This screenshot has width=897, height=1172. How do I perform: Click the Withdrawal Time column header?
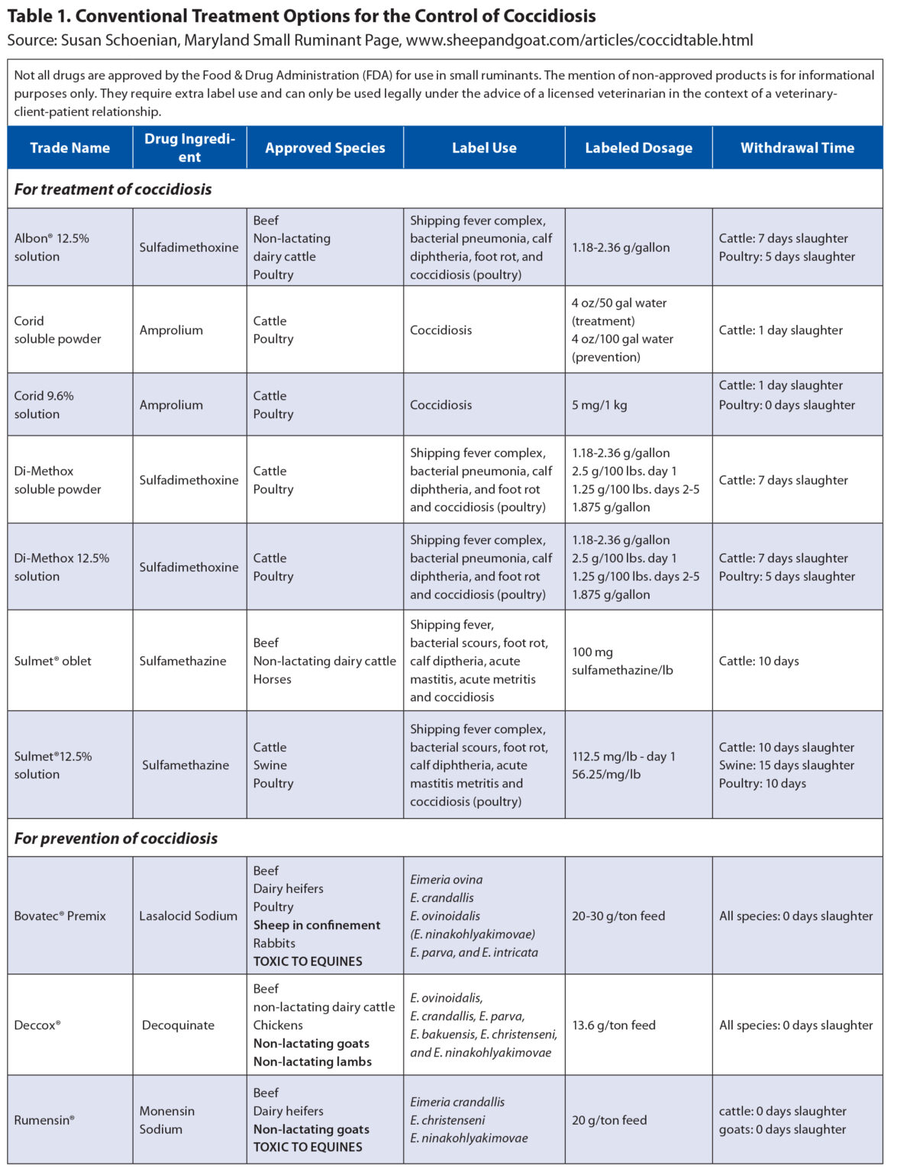[797, 148]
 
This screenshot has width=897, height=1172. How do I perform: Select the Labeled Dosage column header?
[638, 148]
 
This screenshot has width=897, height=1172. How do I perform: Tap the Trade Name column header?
[69, 148]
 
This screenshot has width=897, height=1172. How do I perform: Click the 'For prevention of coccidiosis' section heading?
[116, 839]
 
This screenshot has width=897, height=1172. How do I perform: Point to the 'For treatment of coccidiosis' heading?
[113, 189]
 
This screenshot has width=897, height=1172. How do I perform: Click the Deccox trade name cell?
[37, 1025]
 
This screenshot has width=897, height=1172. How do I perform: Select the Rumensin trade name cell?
[44, 1120]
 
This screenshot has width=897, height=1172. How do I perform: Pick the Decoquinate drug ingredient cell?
[178, 1025]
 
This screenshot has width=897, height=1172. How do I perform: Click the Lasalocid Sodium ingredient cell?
[188, 916]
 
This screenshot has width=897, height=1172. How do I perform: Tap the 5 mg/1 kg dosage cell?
[599, 405]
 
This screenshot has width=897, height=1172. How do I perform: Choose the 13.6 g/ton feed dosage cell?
[614, 1025]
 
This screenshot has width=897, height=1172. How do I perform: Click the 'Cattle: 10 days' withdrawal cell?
[759, 661]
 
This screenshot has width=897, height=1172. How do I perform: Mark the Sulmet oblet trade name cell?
[53, 661]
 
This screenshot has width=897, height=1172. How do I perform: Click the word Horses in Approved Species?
[273, 679]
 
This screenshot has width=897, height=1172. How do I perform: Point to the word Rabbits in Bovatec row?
[274, 943]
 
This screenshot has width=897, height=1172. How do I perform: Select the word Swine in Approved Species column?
[270, 765]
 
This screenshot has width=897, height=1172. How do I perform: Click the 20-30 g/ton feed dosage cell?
[618, 916]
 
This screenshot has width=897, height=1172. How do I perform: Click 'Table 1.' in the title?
[37, 16]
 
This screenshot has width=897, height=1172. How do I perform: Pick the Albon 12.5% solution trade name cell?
[51, 247]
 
